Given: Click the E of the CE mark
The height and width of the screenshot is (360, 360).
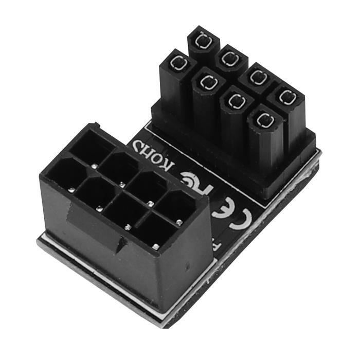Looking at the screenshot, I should pyautogui.click(x=222, y=208).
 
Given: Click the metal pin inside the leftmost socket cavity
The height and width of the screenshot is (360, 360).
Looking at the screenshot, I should pyautogui.click(x=71, y=190).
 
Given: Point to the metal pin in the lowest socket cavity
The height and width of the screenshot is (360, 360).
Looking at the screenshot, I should pyautogui.click(x=155, y=247).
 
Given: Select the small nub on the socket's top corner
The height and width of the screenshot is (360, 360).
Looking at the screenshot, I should pyautogui.click(x=94, y=125).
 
